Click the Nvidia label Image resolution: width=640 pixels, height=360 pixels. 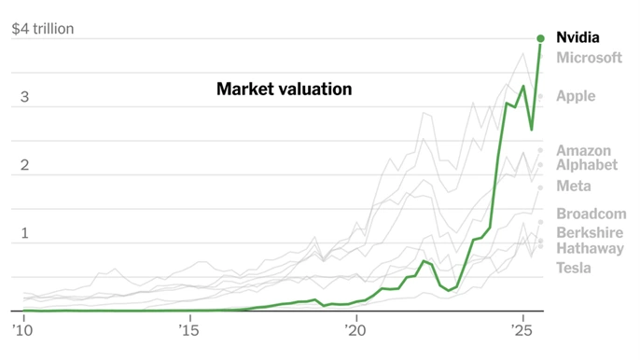coord(577,38)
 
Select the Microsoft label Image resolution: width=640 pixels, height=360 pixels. coord(589,58)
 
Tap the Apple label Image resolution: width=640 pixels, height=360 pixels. coord(575,96)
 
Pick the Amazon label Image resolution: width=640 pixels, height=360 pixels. coord(583,150)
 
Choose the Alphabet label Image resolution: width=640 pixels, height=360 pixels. coord(587,165)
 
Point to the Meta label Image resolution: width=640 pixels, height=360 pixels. coord(573,187)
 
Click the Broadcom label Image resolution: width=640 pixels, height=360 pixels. coord(591,214)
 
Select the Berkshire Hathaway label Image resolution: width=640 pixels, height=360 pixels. coord(590,241)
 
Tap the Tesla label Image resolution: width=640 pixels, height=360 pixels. coord(574,269)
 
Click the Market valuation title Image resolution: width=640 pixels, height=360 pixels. coord(284,90)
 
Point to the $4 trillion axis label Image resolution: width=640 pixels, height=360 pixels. coord(42,29)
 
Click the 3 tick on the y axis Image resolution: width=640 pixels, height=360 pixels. coord(25,97)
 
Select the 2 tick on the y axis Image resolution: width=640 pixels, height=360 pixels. coord(25,165)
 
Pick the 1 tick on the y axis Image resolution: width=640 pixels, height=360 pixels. coord(25,233)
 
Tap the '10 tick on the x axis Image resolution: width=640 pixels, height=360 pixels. coord(21,330)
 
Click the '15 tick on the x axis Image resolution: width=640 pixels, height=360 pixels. coord(188,330)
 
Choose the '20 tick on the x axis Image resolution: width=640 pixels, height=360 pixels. coord(355,330)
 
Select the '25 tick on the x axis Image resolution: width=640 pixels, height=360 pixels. coord(521,330)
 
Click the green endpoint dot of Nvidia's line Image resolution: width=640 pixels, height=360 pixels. coord(540,38)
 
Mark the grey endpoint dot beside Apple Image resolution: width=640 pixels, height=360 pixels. coord(540,97)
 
